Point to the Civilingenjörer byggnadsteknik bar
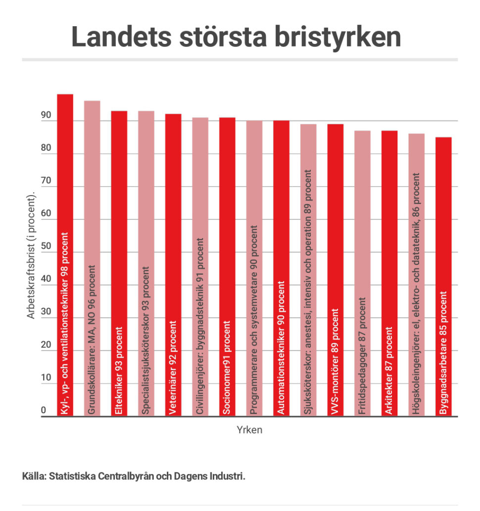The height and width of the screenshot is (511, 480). click(x=200, y=266)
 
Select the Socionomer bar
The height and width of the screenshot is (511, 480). click(x=227, y=266)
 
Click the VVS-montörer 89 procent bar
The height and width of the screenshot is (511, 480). click(x=336, y=270)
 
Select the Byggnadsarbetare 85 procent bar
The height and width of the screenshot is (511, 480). click(x=443, y=276)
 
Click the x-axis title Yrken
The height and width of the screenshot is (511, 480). click(x=249, y=430)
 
